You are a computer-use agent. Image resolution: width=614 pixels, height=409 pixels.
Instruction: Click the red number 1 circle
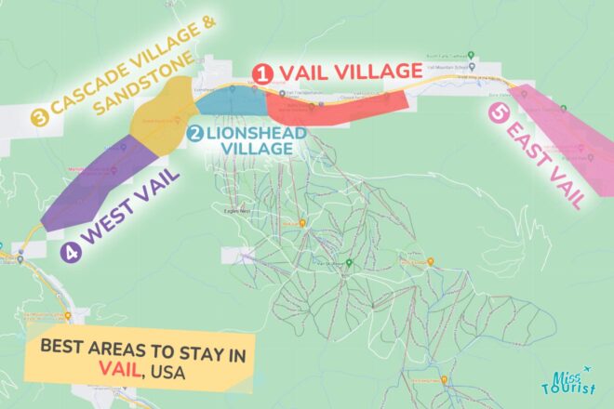264,72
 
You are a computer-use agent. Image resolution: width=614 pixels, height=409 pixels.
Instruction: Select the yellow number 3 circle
39,116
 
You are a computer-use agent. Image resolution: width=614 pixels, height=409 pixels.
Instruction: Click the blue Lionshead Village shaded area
227,100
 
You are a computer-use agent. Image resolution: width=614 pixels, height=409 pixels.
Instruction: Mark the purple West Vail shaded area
88,186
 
